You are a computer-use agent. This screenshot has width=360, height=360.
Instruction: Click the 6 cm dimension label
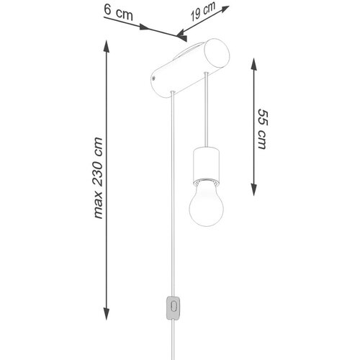coord(119,13)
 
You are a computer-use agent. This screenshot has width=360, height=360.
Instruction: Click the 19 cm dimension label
coord(203,12)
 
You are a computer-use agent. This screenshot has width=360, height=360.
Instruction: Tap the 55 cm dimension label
coord(262,129)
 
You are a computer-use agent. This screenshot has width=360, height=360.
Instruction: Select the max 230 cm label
coord(98,178)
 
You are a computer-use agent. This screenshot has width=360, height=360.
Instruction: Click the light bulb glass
coord(206,206)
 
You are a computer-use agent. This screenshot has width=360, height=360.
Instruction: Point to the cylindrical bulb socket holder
coord(206,165)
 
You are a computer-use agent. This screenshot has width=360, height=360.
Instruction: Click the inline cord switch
coord(173,308)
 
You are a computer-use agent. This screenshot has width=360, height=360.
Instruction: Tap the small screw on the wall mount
coord(153,78)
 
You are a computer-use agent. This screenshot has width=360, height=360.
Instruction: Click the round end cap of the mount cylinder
coord(217,54)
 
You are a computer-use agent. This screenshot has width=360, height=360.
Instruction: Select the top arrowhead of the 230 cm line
coord(106,46)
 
